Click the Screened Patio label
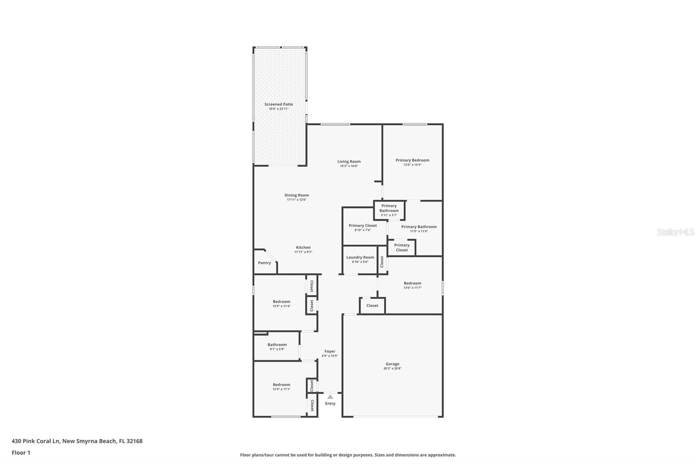(278, 104)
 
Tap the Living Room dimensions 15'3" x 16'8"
(349, 166)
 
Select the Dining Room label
(297, 195)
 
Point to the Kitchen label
(303, 248)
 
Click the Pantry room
(264, 263)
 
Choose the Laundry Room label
(360, 257)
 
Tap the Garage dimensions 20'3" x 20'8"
(392, 369)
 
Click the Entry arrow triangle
(330, 397)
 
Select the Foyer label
(330, 351)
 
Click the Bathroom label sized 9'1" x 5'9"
(277, 345)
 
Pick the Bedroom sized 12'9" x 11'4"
(281, 302)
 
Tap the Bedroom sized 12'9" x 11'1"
(281, 385)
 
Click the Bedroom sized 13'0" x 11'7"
(412, 283)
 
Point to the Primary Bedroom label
(412, 160)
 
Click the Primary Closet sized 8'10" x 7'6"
(363, 225)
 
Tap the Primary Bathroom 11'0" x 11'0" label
(418, 227)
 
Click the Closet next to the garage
(372, 306)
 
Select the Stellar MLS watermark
(676, 232)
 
